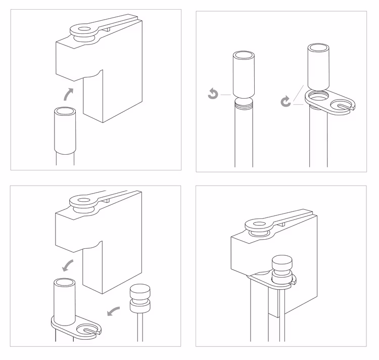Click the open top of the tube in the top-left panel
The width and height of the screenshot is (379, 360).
tap(65, 112)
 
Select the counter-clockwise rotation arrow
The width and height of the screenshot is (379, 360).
tap(213, 94)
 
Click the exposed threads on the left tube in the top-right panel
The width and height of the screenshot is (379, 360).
tap(244, 105)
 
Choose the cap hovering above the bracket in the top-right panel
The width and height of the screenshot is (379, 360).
tap(318, 66)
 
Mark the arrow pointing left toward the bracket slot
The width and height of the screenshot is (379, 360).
tap(114, 310)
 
